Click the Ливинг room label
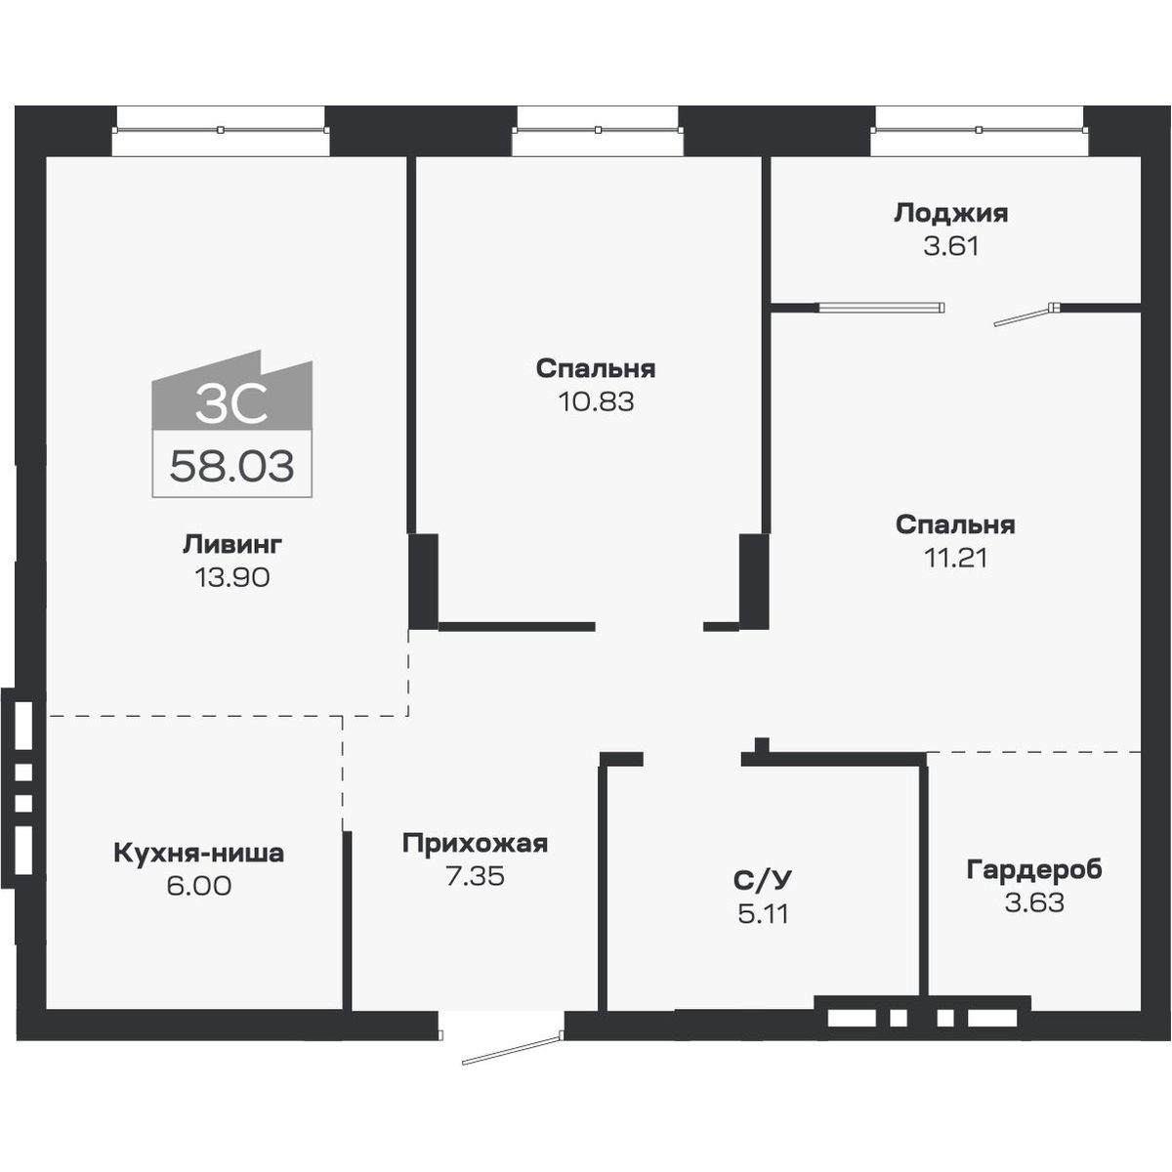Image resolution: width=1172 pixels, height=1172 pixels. coord(231,544)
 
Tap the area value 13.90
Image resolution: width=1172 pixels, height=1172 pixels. coord(231,577)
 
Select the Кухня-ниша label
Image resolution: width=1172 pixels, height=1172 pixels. coord(198,854)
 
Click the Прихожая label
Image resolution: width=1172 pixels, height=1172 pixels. coord(475,844)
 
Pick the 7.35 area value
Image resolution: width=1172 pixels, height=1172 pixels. coord(475,876)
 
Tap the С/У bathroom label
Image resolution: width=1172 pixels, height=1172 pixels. coord(763,881)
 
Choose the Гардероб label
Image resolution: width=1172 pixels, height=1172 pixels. coord(1034,869)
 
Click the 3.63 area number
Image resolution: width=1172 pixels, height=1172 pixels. coord(1034,902)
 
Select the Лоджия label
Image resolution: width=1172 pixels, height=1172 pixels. coord(950,213)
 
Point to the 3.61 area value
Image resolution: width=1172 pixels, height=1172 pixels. coord(950,245)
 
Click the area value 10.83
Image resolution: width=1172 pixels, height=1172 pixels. coord(596,401)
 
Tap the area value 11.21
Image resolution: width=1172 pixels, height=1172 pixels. coord(955,558)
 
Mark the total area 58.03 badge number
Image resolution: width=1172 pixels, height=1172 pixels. coord(231,467)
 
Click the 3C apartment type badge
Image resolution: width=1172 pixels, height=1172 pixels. coord(231,404)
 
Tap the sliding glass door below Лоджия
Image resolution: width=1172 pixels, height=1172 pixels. coord(881,308)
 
